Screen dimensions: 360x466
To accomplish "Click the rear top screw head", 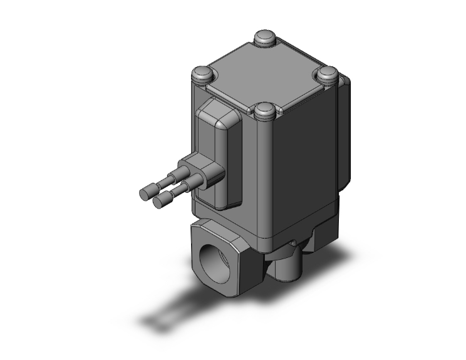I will pos(265,38).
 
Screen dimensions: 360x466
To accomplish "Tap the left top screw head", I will pos(201,74).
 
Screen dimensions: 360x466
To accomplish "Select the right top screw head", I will pos(327,74).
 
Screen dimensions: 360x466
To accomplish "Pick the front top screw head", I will pos(264,113).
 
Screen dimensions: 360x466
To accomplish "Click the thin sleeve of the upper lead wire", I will pos(165,182).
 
